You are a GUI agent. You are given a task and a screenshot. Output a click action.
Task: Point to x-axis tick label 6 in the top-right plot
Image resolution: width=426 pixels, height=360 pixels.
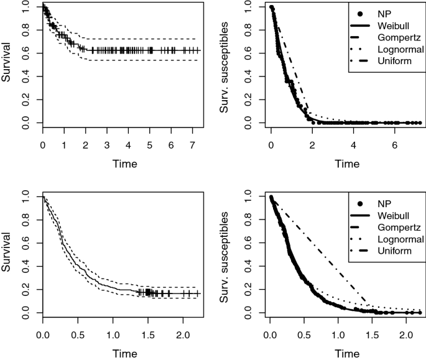[395, 144]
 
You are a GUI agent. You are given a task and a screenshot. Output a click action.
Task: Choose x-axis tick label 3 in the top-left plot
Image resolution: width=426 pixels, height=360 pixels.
[107, 144]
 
